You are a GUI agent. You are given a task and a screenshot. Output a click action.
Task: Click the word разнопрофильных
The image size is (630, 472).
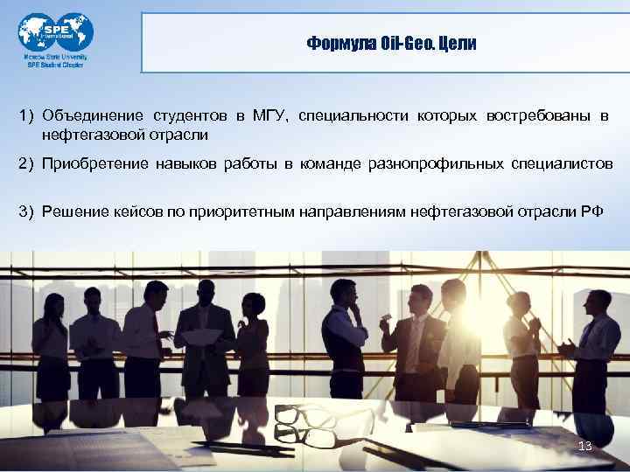[445, 164]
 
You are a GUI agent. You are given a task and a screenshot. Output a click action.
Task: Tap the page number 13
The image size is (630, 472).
[585, 447]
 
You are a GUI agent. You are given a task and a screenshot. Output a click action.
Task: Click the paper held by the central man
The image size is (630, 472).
[202, 337]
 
